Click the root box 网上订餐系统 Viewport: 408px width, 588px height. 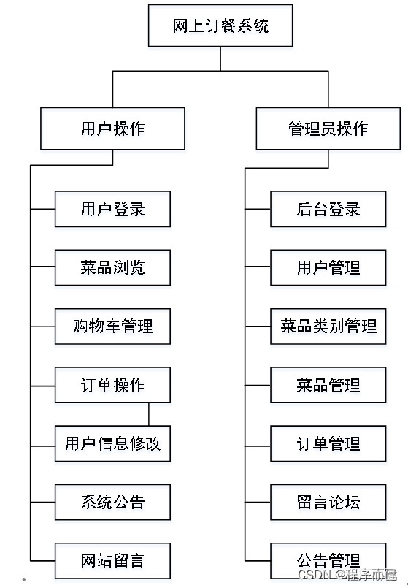tap(220, 26)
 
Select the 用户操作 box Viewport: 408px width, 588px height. tap(112, 129)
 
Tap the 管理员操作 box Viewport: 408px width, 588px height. tap(328, 129)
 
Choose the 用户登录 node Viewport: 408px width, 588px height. tap(112, 210)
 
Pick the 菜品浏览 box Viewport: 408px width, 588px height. tap(112, 267)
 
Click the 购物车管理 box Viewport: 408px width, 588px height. tap(112, 326)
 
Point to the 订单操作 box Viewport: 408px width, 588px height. tap(112, 385)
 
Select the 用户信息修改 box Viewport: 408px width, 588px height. tap(112, 443)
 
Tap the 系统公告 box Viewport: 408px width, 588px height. tap(112, 502)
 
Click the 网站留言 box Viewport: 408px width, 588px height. tap(112, 560)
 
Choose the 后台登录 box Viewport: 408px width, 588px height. tap(328, 210)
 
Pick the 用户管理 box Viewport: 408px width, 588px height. tap(328, 267)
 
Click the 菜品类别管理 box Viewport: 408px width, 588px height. tap(328, 326)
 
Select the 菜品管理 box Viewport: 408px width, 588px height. tap(328, 385)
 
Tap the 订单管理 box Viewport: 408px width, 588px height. tap(328, 443)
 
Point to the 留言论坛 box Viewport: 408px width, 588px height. tap(328, 502)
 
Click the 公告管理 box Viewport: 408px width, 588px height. tap(328, 560)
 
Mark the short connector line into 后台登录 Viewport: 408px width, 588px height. tap(258, 210)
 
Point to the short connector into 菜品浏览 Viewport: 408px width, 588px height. tap(42, 267)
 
